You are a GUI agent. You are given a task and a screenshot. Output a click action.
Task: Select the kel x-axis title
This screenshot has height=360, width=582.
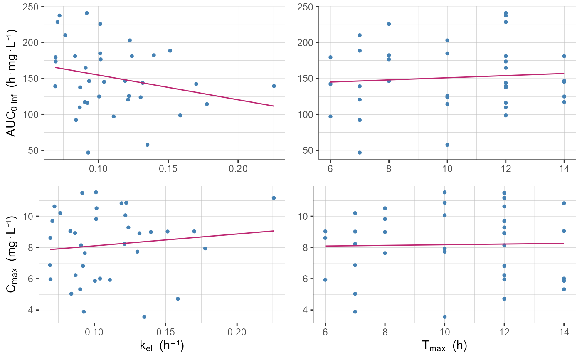click(162, 345)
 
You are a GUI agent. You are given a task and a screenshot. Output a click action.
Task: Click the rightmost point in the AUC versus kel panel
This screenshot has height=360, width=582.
click(274, 86)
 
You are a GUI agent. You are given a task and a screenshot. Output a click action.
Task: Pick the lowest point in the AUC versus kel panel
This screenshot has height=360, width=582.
click(88, 153)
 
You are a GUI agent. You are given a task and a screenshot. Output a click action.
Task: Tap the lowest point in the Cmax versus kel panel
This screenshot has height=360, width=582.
click(144, 317)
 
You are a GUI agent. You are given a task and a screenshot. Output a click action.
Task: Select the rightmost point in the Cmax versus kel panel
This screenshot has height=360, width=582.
click(274, 198)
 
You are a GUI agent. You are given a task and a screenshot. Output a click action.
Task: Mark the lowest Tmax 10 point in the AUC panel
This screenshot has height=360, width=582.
click(447, 145)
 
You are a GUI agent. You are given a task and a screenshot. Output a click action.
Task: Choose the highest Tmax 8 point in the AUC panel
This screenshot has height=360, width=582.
click(389, 24)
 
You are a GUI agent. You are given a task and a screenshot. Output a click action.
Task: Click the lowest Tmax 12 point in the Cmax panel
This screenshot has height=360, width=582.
click(504, 298)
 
